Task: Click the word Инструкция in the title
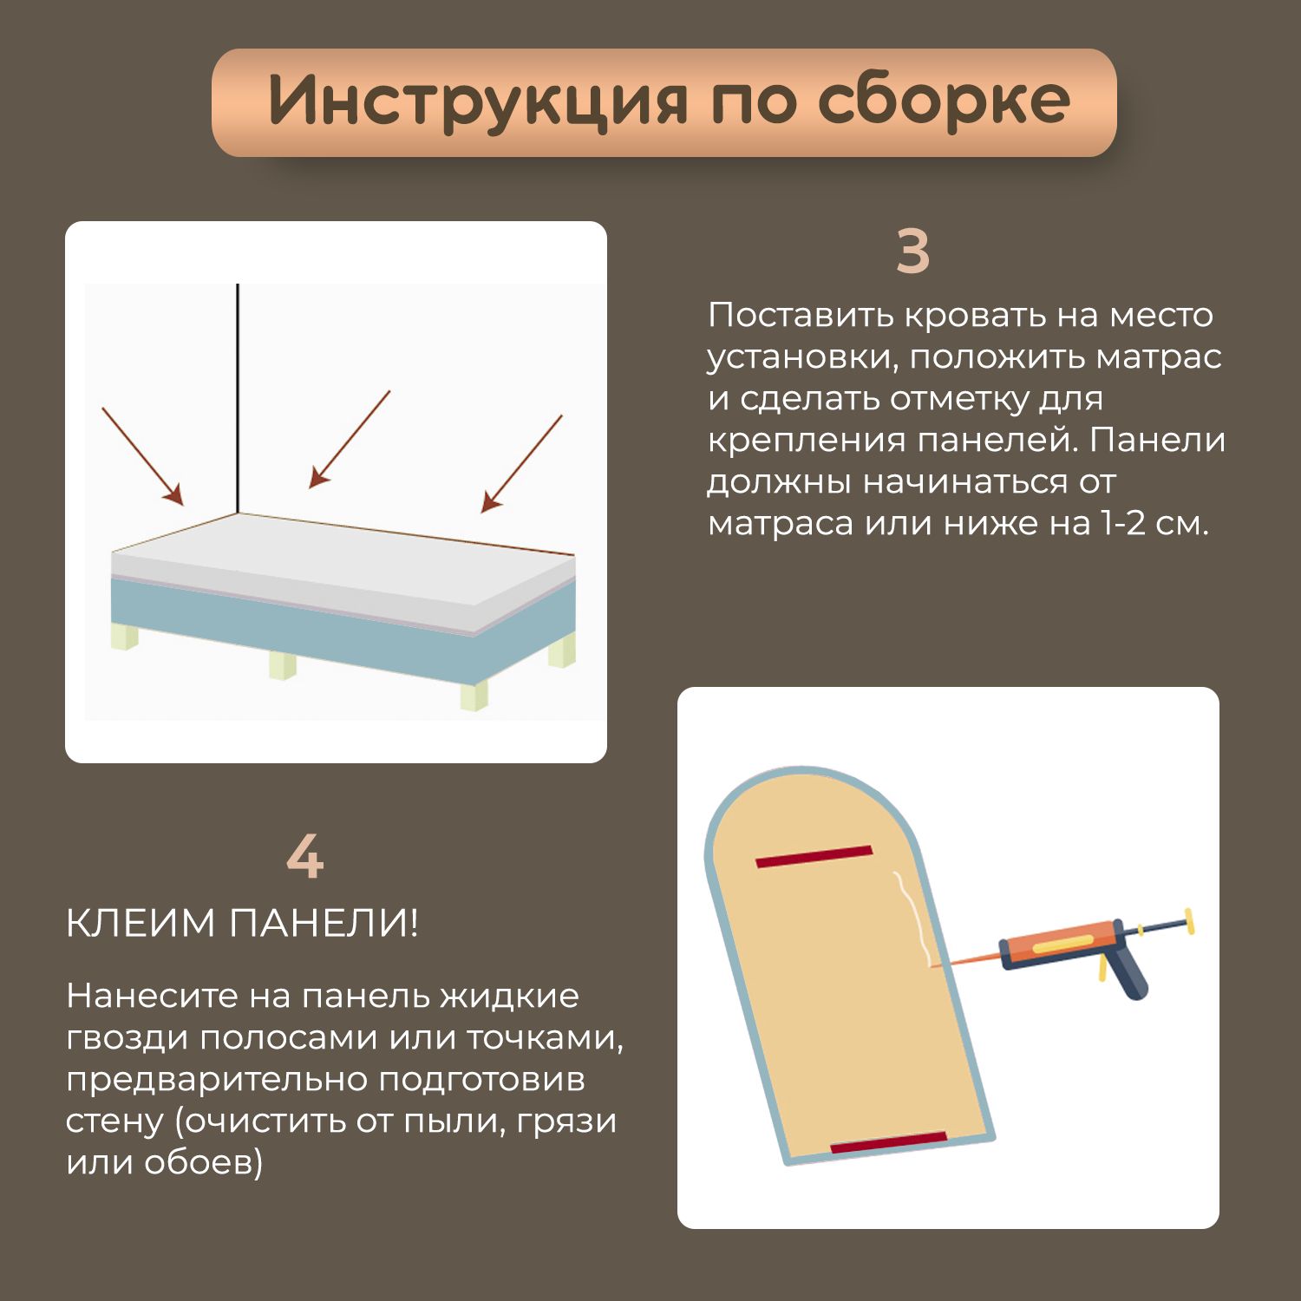(x=478, y=101)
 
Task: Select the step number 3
(x=912, y=252)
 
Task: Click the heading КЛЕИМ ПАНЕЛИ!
(x=242, y=923)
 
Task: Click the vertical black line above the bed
(x=238, y=399)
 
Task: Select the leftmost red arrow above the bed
(x=143, y=456)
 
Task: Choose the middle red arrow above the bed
(x=350, y=439)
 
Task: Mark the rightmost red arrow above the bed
(x=522, y=464)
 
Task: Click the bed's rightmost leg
(x=562, y=650)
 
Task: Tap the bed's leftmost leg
(x=124, y=636)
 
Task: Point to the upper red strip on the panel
(x=814, y=856)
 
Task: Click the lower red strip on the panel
(x=889, y=1142)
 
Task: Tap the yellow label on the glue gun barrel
(x=1063, y=945)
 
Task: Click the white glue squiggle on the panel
(x=912, y=919)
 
